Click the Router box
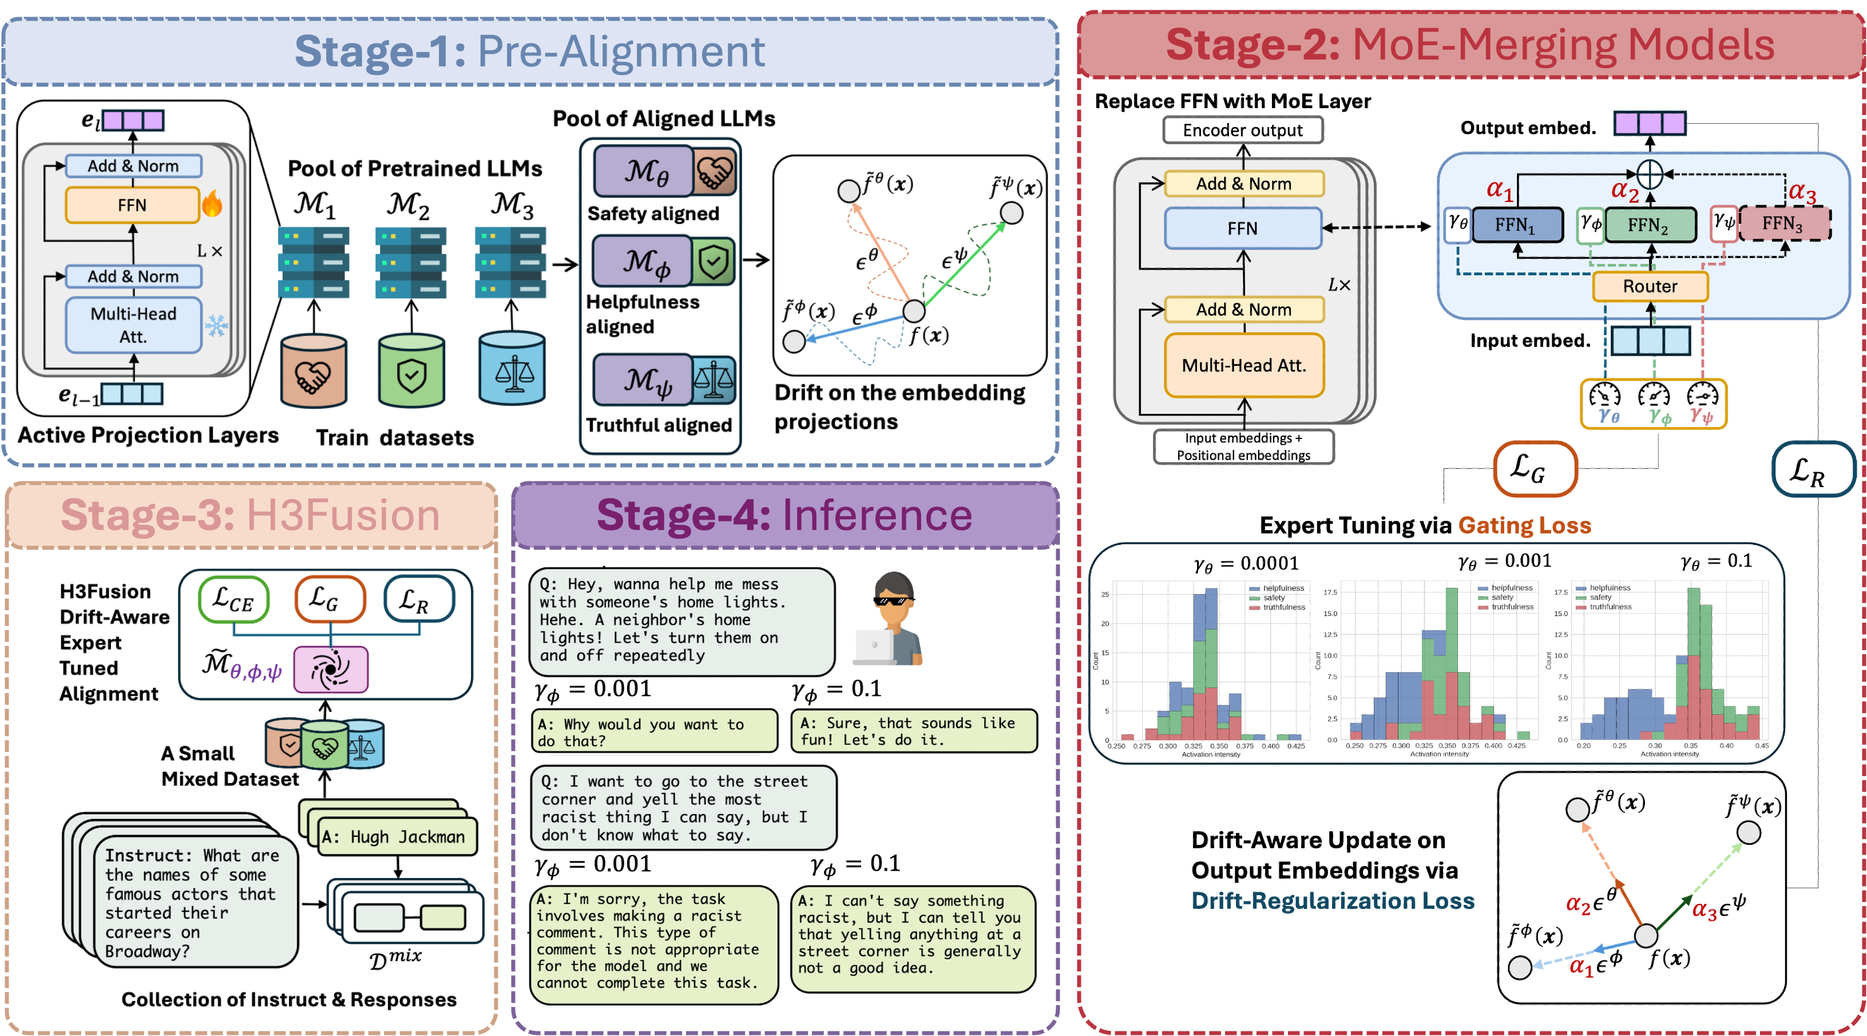(1650, 286)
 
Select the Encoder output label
(1242, 131)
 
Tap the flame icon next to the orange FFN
(212, 204)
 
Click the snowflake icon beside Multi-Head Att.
(216, 326)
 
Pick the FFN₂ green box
(1650, 225)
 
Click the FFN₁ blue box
(1516, 225)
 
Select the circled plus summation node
(1650, 174)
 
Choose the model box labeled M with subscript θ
(644, 172)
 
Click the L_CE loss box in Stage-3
(233, 599)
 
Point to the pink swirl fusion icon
(331, 669)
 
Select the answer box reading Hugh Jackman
(397, 837)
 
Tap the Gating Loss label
(1524, 525)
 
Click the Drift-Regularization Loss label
(1332, 900)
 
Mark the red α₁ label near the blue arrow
(1581, 967)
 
